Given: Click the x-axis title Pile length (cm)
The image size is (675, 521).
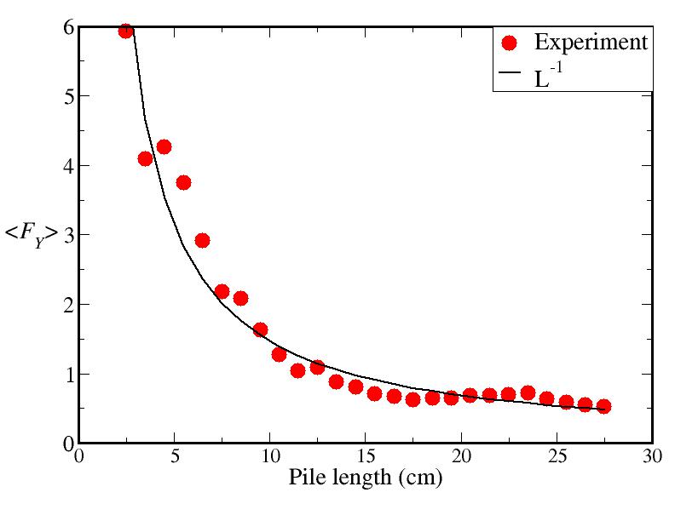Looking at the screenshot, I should (365, 478).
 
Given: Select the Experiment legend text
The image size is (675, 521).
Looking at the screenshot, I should (591, 42).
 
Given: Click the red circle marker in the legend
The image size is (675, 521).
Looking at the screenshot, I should (510, 43).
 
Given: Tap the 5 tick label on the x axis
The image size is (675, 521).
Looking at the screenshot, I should (175, 455).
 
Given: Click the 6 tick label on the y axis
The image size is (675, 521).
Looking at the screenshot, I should (66, 27).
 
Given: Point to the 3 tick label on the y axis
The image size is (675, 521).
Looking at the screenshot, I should (66, 235).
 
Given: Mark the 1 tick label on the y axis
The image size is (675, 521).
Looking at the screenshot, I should (66, 375).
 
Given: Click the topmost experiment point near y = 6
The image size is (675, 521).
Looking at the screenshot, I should (126, 31).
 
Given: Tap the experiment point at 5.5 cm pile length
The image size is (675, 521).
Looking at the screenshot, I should (183, 182).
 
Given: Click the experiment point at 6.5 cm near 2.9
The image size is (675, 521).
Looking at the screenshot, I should (202, 240).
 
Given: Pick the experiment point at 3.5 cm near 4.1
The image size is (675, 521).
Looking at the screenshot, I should (145, 158).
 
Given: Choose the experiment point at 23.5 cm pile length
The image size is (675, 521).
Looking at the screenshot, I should (528, 392).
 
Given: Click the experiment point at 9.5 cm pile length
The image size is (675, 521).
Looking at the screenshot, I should (260, 329).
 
